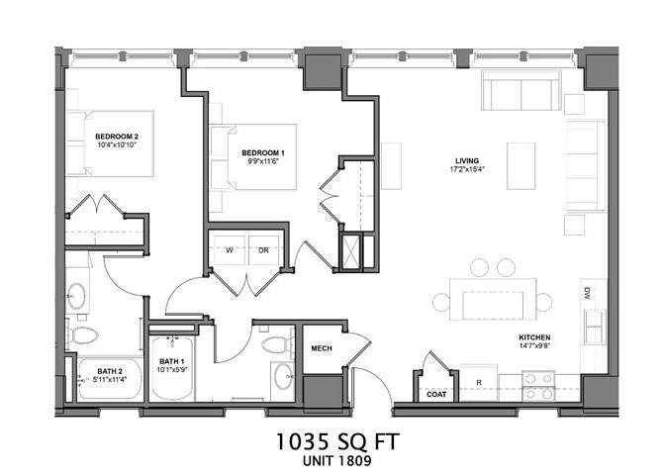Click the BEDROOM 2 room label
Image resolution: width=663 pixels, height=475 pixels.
coord(117,136)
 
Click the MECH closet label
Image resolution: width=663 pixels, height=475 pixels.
coord(321,348)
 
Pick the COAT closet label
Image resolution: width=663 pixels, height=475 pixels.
coord(436,394)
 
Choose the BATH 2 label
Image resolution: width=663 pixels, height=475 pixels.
coord(110,372)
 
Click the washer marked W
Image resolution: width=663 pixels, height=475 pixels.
coord(228,249)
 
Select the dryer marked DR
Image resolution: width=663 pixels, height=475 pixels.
coord(263,249)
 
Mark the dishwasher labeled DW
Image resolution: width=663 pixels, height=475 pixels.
coord(587,293)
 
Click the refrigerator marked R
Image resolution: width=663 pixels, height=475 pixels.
coord(479,381)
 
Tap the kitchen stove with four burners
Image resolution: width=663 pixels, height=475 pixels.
coord(540,385)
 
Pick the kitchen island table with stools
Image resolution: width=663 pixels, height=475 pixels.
coord(492,296)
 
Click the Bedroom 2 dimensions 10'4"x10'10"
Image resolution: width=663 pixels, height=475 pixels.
coord(117,145)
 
